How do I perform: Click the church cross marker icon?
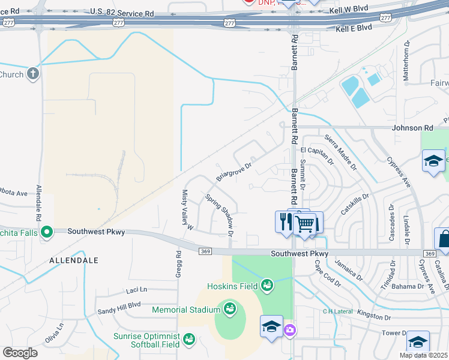point(33,74)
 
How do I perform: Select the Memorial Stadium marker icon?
point(229,310)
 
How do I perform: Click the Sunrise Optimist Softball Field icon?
point(189,340)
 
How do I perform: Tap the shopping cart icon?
point(306,224)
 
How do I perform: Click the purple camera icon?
point(290,329)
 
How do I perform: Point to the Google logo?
point(20,353)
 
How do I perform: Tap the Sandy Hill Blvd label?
point(119,308)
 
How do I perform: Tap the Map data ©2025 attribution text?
point(424,355)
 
